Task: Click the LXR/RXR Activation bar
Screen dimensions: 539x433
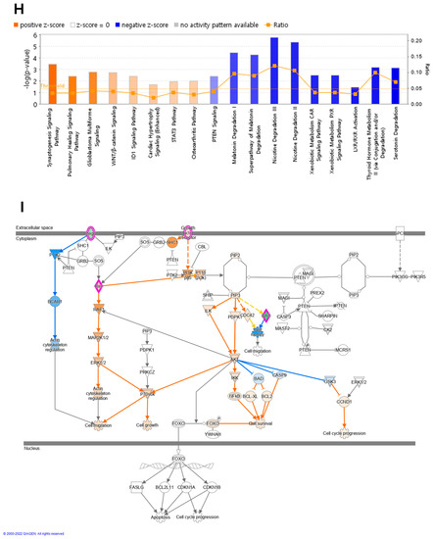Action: pos(355,96)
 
